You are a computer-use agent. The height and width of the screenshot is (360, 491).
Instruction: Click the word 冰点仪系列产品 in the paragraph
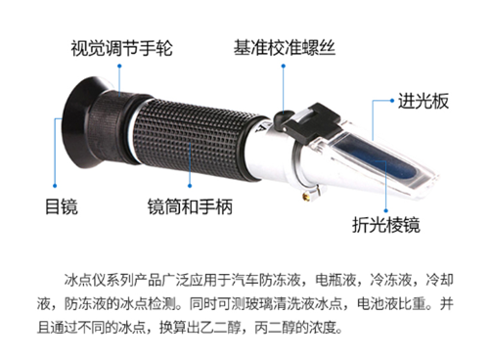[101, 277]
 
